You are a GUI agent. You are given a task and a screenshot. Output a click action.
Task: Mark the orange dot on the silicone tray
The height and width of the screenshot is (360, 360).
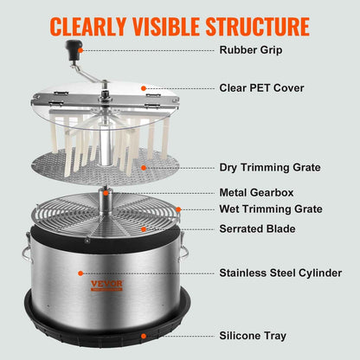tap(140, 334)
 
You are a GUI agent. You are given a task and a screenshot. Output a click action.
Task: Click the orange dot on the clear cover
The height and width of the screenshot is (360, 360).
tap(144, 88)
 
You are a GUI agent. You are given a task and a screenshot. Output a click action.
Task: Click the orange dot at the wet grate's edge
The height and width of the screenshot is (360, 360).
tap(178, 209)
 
